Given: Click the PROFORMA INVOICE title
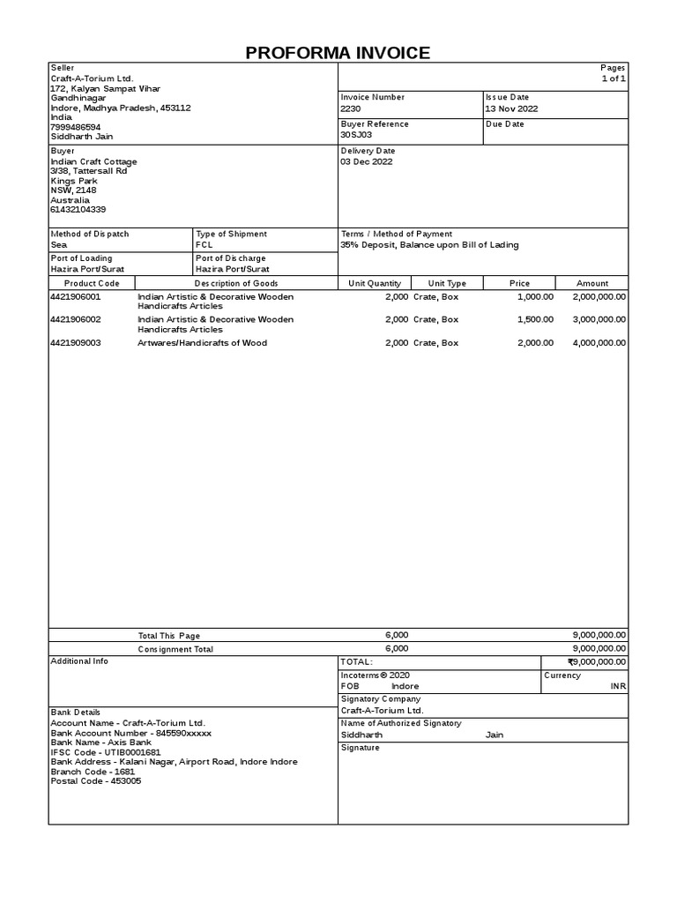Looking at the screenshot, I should point(338,53).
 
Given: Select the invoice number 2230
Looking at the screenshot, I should point(351,109).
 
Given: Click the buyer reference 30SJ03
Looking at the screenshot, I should point(356,136).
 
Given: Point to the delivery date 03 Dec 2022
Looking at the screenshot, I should point(367,162).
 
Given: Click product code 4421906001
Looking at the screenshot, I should point(76,297).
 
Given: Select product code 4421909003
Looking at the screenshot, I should point(76,343).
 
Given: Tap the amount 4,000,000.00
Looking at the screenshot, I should point(599,343).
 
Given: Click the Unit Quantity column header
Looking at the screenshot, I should point(375,284).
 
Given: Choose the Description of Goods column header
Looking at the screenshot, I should point(236,284).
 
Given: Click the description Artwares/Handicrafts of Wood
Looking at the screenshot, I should point(202,343).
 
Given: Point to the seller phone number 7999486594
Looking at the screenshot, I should point(76,127).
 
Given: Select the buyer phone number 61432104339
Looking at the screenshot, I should point(78,210).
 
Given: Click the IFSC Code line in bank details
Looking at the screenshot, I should point(106,752).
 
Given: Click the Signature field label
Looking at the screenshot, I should point(361,748).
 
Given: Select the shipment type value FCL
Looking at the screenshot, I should point(205,245).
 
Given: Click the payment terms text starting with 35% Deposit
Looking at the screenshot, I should point(429,245).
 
